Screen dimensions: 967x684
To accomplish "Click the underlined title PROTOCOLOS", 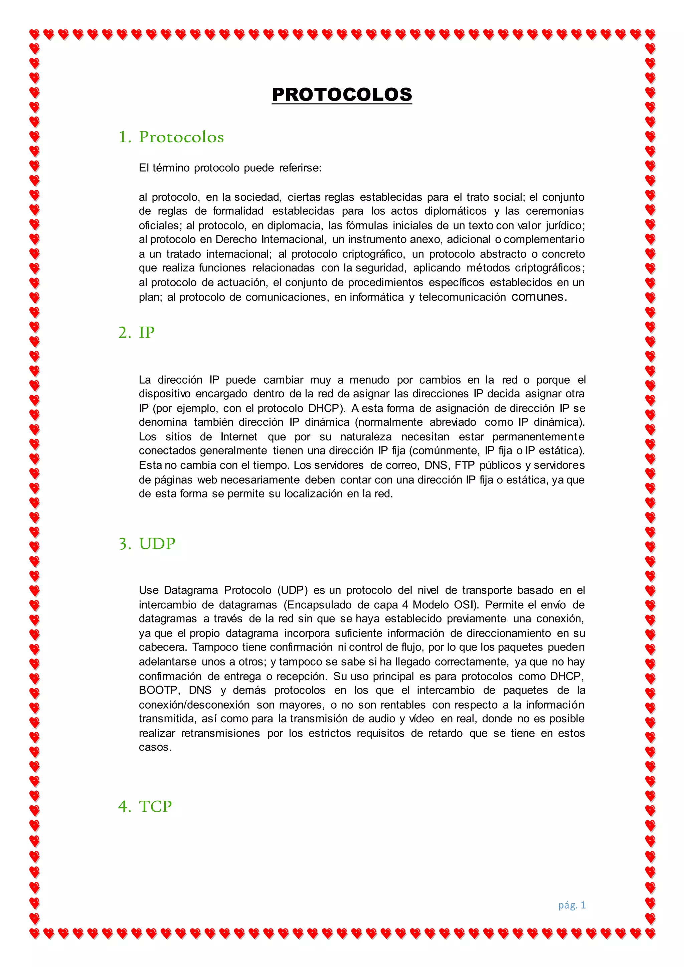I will [x=342, y=94].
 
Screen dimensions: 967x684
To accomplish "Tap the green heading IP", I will [x=147, y=332].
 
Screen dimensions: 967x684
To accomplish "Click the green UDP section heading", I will [x=157, y=544].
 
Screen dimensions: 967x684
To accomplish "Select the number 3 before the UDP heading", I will [x=124, y=544].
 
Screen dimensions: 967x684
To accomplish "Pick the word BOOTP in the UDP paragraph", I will [x=158, y=690].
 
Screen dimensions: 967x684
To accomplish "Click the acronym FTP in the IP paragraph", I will [x=464, y=465].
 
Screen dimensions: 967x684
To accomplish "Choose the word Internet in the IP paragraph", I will [x=239, y=436].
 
